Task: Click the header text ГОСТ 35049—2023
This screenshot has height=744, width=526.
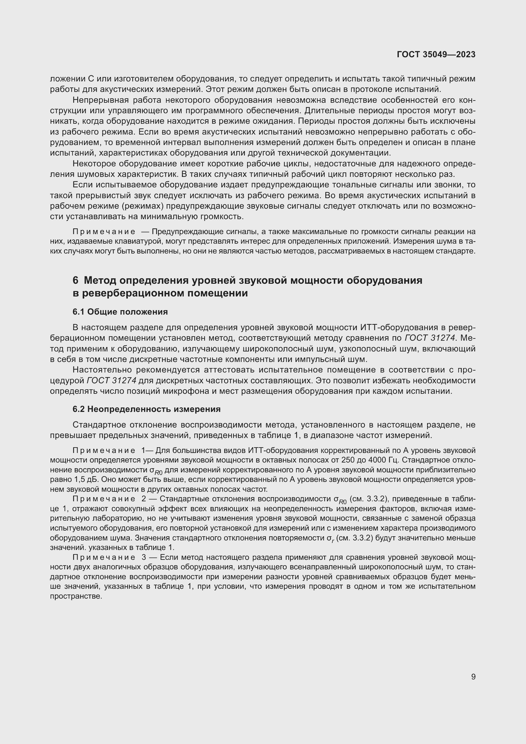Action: click(x=436, y=54)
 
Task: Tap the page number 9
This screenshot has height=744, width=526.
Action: click(x=473, y=677)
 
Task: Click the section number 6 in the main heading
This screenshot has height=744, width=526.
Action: click(x=75, y=280)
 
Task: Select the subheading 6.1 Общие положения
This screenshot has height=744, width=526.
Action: click(x=120, y=312)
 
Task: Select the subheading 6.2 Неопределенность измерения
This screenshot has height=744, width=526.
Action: click(x=146, y=409)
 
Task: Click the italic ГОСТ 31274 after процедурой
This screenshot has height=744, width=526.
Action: click(x=111, y=380)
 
